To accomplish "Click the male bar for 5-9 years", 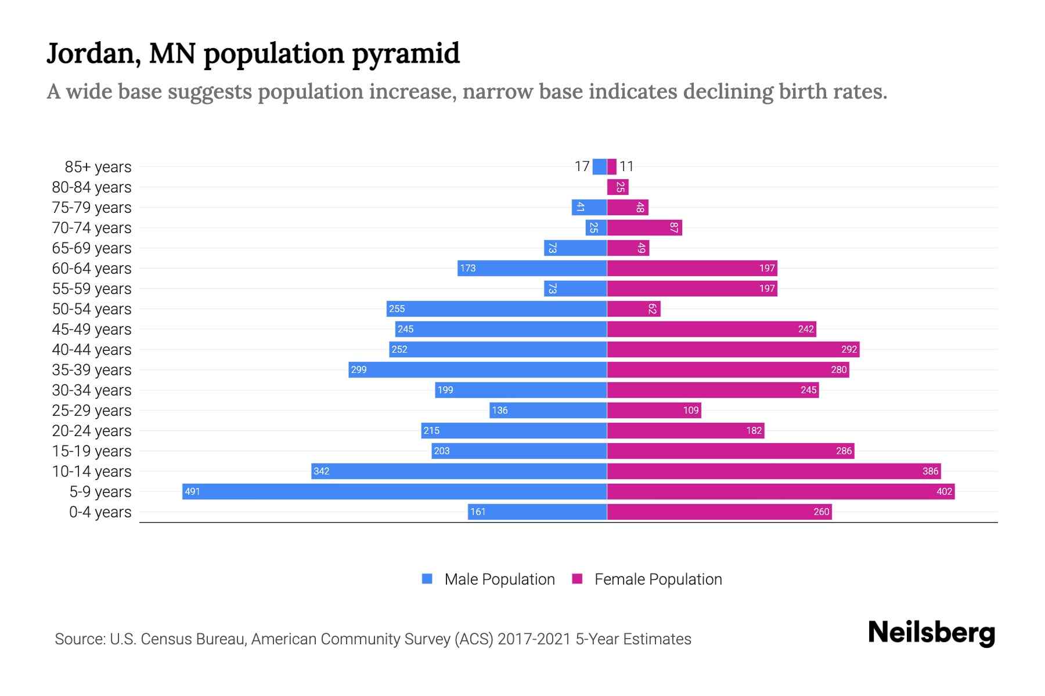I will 395,491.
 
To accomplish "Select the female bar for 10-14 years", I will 774,471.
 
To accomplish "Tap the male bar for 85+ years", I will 600,166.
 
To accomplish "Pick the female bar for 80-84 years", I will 618,187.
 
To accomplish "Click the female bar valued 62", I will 634,309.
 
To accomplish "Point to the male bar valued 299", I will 478,369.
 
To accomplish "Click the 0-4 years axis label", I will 100,512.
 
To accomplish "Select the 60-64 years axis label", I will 92,269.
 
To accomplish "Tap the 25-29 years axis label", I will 92,411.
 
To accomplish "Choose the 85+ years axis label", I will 98,167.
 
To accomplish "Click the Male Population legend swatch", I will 427,579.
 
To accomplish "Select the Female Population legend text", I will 658,579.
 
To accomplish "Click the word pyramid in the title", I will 406,53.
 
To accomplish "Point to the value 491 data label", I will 192,492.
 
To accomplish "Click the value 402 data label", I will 944,492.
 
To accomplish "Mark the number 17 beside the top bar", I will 582,166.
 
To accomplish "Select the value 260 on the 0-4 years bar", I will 821,512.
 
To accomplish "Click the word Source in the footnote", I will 80,639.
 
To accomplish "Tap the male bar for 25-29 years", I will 548,410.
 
